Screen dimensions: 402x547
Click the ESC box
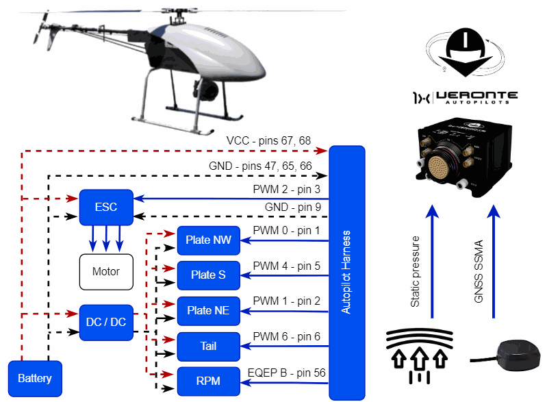[x=106, y=207]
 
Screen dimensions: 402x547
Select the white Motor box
[x=106, y=271]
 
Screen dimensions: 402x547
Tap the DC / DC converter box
[x=106, y=322]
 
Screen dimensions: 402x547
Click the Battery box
[x=35, y=378]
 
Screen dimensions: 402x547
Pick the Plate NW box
[x=208, y=240]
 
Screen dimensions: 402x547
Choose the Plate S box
[x=208, y=275]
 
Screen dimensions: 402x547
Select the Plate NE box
[x=208, y=311]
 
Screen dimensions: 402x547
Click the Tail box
[x=208, y=347]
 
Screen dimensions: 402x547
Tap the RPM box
[x=208, y=381]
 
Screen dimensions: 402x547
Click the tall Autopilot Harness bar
[x=347, y=273]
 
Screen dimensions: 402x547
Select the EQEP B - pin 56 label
[x=286, y=373]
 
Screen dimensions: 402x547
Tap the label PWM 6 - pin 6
[x=286, y=336]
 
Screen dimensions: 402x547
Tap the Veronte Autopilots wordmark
[x=466, y=97]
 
